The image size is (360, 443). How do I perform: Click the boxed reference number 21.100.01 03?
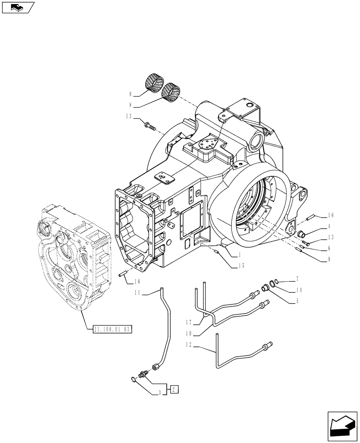[113, 329]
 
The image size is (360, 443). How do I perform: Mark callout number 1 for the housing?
[239, 255]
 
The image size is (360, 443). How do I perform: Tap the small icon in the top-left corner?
[18, 7]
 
